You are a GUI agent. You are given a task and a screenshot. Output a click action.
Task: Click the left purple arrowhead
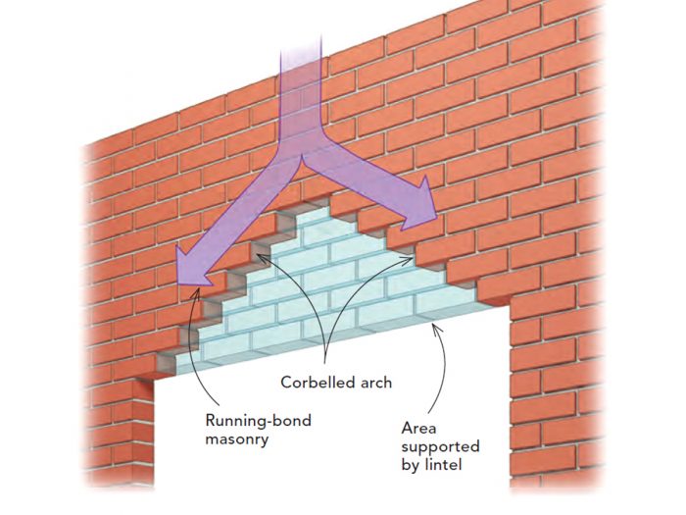(189, 274)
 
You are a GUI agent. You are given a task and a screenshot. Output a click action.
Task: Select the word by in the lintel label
(412, 465)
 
